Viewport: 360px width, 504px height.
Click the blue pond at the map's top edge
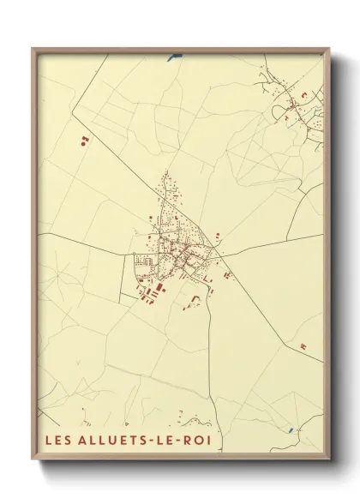click(176, 57)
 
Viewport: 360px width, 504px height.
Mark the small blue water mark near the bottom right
click(291, 429)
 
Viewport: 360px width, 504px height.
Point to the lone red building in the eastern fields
click(303, 345)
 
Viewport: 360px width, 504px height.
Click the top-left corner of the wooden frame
click(33, 49)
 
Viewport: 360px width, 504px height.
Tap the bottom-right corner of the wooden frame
click(328, 463)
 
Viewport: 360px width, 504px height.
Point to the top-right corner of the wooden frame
click(328, 49)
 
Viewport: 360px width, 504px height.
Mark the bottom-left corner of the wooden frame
click(33, 463)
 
